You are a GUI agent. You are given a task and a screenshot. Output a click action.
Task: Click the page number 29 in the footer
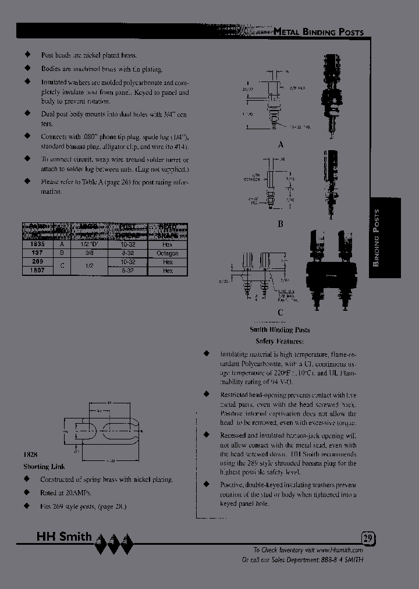coord(367,538)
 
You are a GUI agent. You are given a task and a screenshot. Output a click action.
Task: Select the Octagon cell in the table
coord(168,254)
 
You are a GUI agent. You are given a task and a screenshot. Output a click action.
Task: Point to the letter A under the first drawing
coord(280,144)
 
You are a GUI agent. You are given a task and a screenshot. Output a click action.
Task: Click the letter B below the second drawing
coord(280,222)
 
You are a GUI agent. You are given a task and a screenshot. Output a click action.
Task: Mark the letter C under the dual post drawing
coord(280,313)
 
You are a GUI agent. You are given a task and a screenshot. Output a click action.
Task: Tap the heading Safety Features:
coord(279,342)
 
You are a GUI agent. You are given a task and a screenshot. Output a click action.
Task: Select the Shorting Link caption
coord(44,467)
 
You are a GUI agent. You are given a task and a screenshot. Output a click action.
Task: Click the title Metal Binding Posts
coord(318,32)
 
